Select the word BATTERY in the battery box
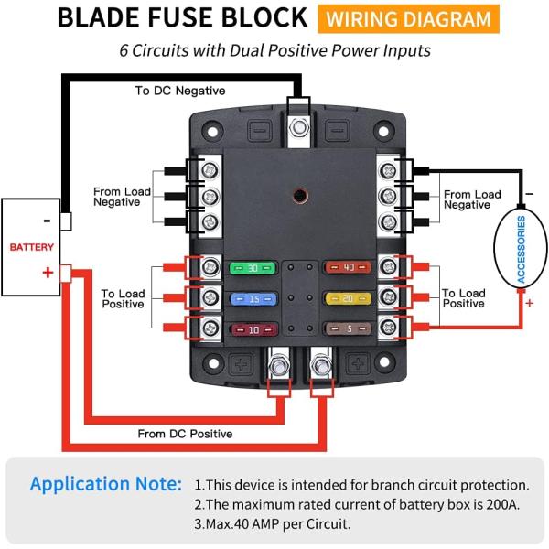(x=32, y=247)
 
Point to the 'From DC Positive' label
(x=184, y=433)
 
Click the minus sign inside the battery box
(x=47, y=221)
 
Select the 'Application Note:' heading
(x=106, y=483)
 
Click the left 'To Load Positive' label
(x=122, y=298)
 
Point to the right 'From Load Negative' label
(x=472, y=199)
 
